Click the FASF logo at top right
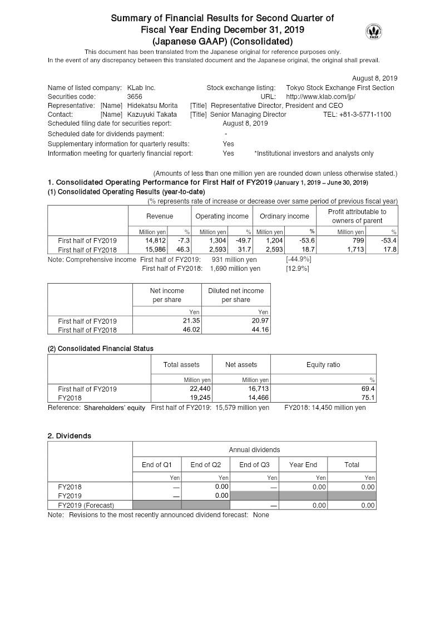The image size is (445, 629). coord(373,32)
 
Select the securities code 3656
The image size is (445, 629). coord(135,97)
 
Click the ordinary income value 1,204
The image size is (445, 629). coord(275,241)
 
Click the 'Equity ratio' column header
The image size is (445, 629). coord(323,365)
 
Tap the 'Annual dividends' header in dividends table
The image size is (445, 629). coord(254,449)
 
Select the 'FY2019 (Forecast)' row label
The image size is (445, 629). coord(86,505)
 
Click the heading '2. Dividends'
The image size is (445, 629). coord(70,435)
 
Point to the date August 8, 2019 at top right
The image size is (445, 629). coord(374,78)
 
